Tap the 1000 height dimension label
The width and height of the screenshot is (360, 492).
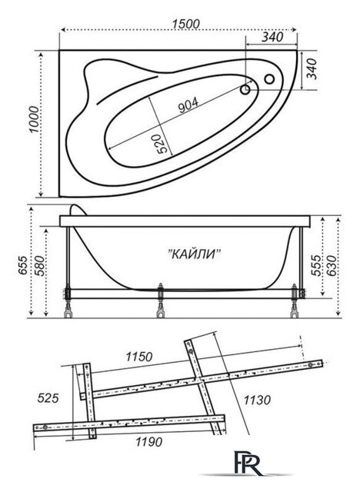[34, 120]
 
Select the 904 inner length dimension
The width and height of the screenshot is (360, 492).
[188, 105]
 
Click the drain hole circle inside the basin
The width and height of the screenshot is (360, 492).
[245, 90]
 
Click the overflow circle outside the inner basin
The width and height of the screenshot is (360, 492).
[269, 79]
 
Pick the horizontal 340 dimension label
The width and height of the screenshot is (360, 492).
[272, 38]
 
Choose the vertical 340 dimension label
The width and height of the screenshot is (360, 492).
[312, 69]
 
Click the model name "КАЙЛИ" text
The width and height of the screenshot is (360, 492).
[195, 254]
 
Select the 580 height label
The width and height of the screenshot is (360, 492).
[40, 265]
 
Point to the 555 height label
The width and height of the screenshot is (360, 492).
[316, 265]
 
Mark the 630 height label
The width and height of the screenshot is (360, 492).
[331, 265]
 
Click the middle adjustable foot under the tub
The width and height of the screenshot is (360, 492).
[161, 301]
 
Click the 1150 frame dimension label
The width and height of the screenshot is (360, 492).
[139, 357]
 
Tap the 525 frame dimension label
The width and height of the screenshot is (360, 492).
[48, 398]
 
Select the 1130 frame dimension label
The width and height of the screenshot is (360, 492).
[257, 400]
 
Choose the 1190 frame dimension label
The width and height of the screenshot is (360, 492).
[148, 442]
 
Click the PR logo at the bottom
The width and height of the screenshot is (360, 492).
[248, 463]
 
